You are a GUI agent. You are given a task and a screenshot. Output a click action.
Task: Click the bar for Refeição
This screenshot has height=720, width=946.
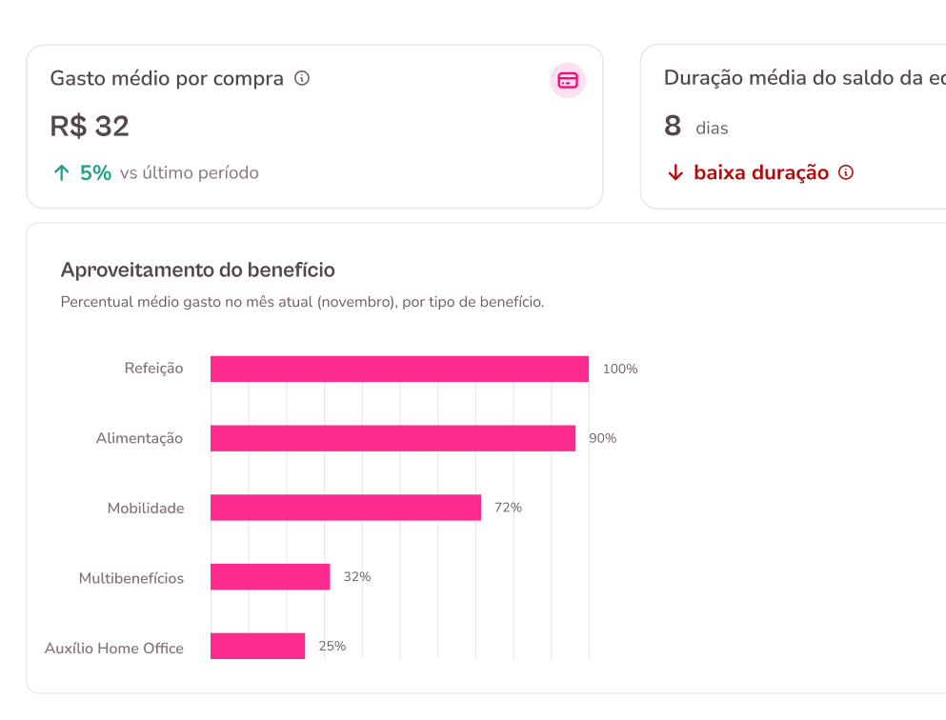[x=399, y=369]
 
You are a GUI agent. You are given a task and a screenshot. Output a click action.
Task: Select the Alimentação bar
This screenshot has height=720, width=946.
[x=392, y=438]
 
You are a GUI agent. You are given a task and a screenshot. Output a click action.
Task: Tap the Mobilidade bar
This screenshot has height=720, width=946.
[x=346, y=508]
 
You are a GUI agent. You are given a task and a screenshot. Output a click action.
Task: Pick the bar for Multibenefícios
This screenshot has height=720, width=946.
[x=270, y=577]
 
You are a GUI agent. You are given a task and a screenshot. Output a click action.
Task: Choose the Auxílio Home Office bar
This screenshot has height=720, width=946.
[x=257, y=646]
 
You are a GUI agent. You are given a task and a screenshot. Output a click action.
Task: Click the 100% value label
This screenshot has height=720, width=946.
[x=620, y=369]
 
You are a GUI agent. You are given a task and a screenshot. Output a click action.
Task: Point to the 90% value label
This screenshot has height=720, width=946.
[x=603, y=438]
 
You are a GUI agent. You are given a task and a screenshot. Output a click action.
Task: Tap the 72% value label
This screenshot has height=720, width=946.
[x=509, y=508]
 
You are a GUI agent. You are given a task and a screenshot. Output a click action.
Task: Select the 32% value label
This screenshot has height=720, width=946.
[x=357, y=577]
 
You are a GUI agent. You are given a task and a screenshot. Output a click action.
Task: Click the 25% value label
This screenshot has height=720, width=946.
[x=332, y=646]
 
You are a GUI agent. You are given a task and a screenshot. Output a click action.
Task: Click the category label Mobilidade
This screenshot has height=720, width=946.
[x=146, y=509]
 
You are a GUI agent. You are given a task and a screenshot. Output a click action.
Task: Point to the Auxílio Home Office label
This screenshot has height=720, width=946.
[x=114, y=649]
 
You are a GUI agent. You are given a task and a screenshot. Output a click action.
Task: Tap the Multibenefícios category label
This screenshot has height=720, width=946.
[x=131, y=578]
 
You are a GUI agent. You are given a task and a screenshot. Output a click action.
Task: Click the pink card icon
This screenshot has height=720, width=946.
[x=568, y=80]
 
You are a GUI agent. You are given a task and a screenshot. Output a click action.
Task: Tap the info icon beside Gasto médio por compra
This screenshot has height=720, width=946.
[x=302, y=78]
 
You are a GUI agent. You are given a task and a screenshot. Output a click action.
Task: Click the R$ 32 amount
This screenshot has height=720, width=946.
[x=90, y=127]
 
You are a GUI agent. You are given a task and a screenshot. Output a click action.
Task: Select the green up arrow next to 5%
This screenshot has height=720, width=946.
[x=62, y=173]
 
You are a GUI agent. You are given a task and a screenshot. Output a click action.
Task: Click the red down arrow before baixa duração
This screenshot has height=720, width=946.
[x=675, y=173]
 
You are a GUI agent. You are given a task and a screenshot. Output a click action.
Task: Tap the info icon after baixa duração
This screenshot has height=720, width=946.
[x=846, y=172]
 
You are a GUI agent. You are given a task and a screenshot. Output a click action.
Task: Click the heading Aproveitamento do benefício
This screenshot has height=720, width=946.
[x=198, y=270]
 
